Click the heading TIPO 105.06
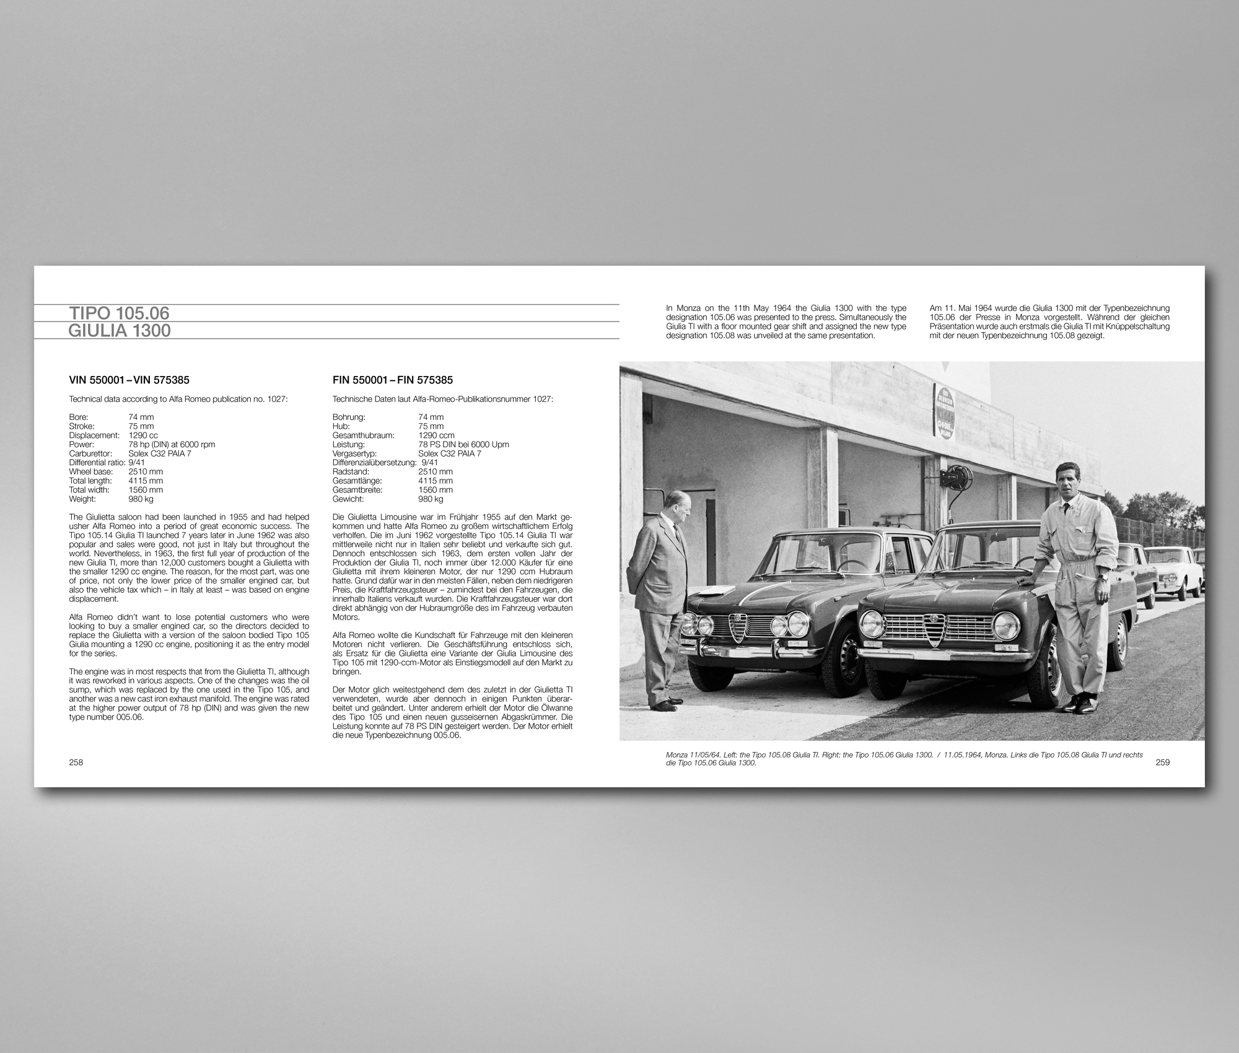coord(119,313)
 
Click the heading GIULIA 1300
coord(119,331)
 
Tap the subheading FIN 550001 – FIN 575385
coord(392,380)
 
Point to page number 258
coord(76,762)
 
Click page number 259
coord(1162,762)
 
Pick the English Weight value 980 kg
coord(141,499)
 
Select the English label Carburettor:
coord(90,453)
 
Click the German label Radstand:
coord(351,471)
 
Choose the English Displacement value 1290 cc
coord(143,435)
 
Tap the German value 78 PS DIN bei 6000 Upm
coord(463,444)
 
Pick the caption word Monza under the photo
coord(676,755)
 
